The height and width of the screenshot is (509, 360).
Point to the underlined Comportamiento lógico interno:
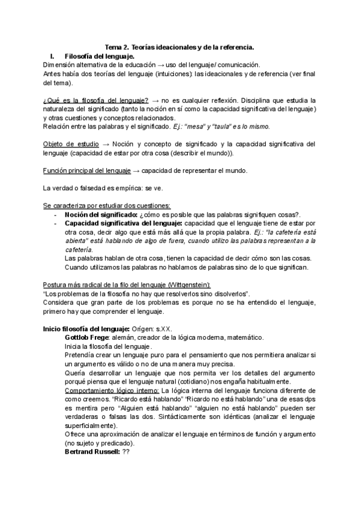pyautogui.click(x=106, y=391)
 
